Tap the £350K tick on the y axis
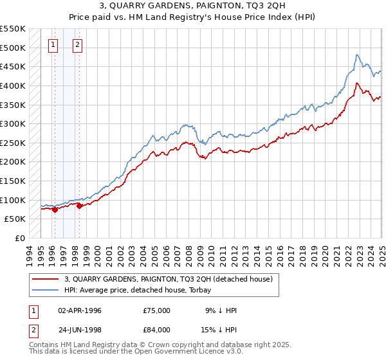coord(13,105)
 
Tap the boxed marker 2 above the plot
coord(77,45)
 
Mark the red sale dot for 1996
coord(55,209)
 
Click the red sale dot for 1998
coord(79,206)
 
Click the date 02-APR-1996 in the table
coord(80,310)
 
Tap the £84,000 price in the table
coord(157,330)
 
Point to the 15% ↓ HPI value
coord(219,330)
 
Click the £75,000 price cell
coord(157,310)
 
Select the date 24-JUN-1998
coord(80,330)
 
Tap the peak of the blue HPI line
coord(358,55)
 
